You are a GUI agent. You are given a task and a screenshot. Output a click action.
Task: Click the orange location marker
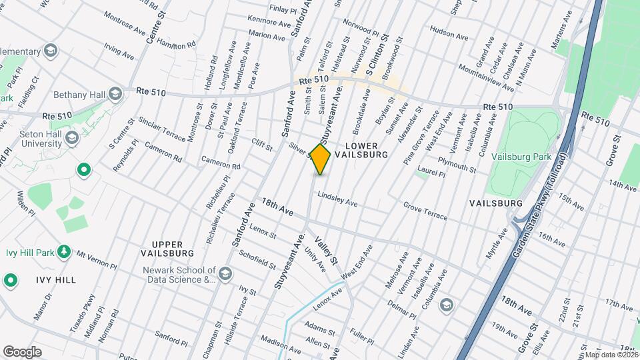[x=320, y=159]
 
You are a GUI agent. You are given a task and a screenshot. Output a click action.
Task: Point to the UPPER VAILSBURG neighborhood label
[x=167, y=248]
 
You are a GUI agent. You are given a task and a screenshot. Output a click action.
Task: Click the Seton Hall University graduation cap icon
[x=72, y=137]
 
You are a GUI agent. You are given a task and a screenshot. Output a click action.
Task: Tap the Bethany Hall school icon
[x=115, y=93]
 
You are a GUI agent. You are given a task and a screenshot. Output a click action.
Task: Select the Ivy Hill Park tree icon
[x=64, y=251]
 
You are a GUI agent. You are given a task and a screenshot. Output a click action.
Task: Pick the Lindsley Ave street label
[x=337, y=199]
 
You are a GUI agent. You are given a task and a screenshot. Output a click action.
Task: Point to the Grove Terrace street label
[x=425, y=212]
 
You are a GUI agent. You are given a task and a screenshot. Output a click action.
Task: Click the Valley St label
[x=327, y=251]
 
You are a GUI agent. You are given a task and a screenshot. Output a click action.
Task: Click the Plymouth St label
[x=457, y=165]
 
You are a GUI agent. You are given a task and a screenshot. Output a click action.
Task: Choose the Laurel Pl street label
[x=430, y=173]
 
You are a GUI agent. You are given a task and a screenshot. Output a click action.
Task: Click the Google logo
[x=22, y=351]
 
